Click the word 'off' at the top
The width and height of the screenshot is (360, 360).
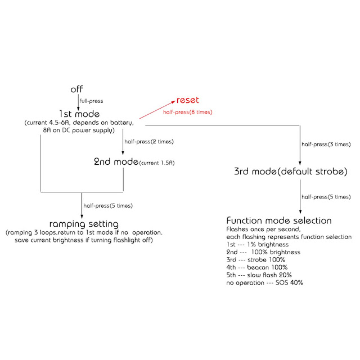[x=77, y=89]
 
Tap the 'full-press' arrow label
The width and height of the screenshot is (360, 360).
[x=92, y=101]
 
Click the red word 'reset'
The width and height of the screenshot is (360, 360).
[x=188, y=100]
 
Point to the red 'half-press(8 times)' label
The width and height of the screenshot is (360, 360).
[x=187, y=112]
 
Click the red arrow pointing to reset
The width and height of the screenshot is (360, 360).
[x=156, y=110]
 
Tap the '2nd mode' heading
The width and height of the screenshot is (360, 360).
[x=115, y=163]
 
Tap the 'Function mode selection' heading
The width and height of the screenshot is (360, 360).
[x=278, y=220]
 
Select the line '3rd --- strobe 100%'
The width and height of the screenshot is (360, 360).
[x=255, y=260]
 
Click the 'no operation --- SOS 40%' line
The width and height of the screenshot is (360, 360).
[x=264, y=283]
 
